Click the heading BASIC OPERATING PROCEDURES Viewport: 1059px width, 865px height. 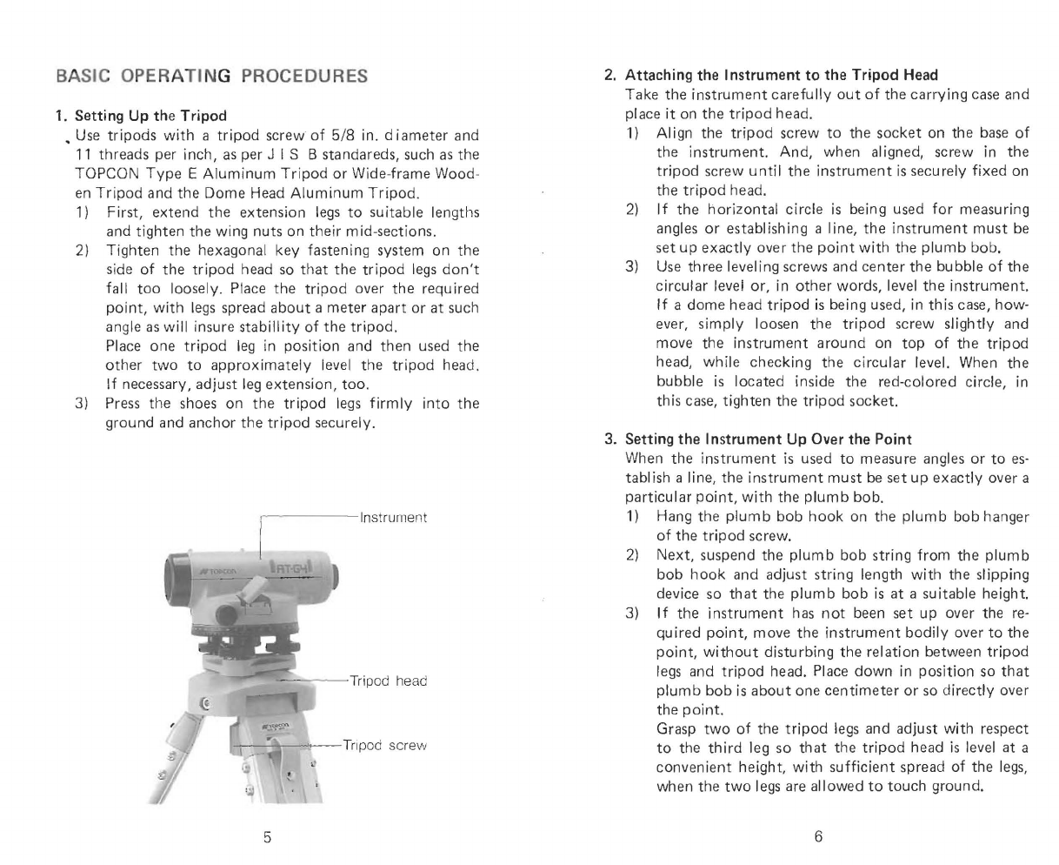pos(212,76)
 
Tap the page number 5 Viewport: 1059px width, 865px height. pos(267,837)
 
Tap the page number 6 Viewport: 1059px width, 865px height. pos(818,836)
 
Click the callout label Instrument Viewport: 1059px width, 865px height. pos(393,518)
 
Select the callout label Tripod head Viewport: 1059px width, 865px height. pos(388,681)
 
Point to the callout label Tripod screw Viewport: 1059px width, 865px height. pos(384,746)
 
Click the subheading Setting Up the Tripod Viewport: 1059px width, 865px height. pos(150,116)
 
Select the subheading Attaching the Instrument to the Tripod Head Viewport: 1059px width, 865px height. pos(782,76)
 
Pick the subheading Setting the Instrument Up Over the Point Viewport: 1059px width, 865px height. pos(769,439)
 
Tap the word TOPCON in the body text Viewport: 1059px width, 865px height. pos(107,174)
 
